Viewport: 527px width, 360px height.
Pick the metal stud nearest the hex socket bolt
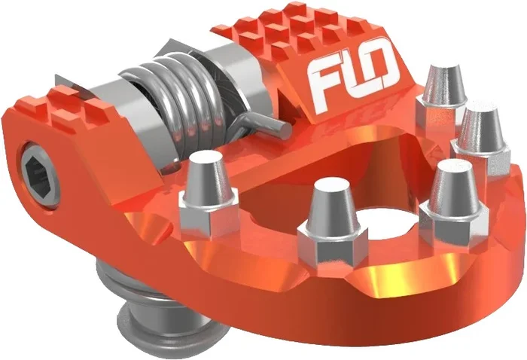(205, 188)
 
